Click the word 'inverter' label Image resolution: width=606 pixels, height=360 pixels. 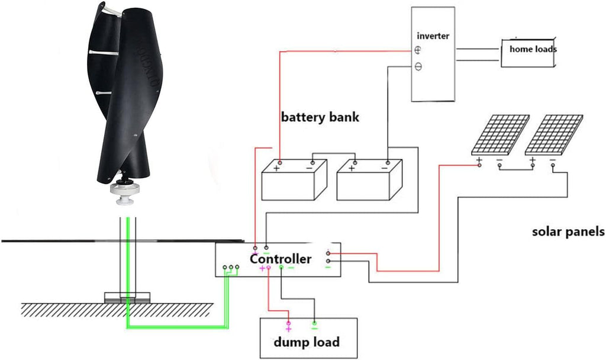click(433, 36)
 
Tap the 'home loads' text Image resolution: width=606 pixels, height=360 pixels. click(533, 49)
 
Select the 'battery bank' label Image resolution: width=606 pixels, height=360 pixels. click(320, 117)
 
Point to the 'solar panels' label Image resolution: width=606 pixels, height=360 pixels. click(568, 232)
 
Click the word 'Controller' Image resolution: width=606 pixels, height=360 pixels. click(280, 259)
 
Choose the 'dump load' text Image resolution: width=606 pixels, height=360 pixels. click(307, 342)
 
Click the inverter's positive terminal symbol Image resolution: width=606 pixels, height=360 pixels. click(418, 50)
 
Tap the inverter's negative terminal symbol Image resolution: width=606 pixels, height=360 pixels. click(418, 67)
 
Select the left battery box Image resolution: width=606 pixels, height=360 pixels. click(295, 180)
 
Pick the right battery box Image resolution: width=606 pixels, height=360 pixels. click(369, 180)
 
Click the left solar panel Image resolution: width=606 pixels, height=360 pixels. click(500, 134)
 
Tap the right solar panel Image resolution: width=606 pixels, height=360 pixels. click(554, 134)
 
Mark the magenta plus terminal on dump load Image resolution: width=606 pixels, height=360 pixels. click(288, 323)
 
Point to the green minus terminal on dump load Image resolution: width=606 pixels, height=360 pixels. click(315, 323)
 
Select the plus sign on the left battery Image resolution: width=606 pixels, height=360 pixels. click(276, 168)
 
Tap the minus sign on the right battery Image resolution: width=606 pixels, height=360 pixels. click(385, 168)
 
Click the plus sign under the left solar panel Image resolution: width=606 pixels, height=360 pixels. click(479, 160)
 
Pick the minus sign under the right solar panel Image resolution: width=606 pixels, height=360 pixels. click(553, 160)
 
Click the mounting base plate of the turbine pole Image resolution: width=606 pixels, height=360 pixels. click(127, 297)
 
